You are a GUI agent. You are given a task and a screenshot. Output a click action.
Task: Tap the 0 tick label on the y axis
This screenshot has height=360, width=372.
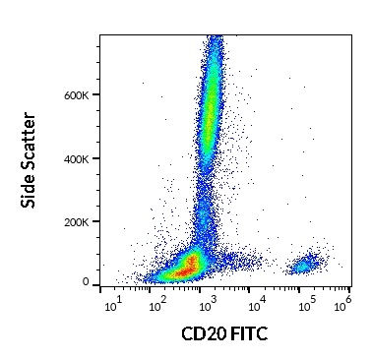click(87, 283)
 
